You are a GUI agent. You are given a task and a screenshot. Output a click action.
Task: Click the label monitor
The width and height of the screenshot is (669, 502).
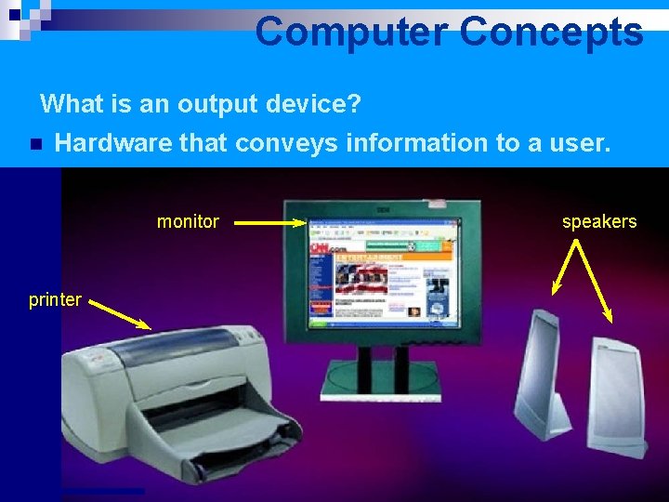188,221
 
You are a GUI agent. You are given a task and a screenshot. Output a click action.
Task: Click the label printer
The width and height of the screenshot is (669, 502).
55,299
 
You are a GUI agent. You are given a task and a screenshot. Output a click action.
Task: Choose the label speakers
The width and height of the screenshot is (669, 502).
599,221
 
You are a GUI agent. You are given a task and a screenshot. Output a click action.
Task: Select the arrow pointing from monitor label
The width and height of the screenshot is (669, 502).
269,222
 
